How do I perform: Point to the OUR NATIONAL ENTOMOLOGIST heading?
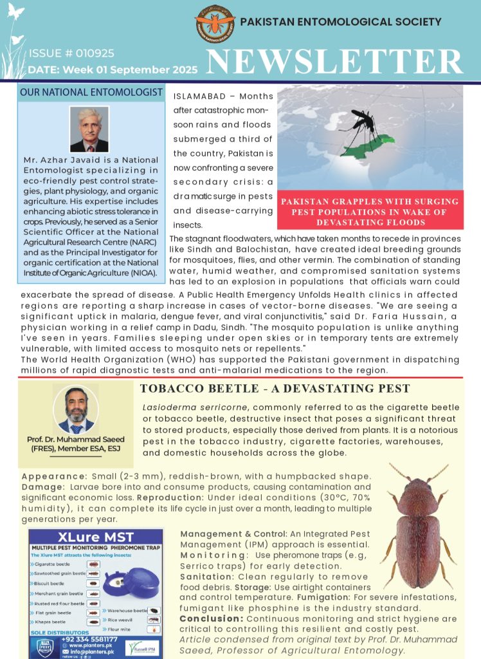pos(91,93)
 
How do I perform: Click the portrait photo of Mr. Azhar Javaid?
pos(89,129)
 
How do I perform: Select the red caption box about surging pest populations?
pos(370,212)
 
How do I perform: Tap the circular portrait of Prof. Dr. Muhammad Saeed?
pos(76,409)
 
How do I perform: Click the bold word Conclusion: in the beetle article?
pos(212,618)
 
